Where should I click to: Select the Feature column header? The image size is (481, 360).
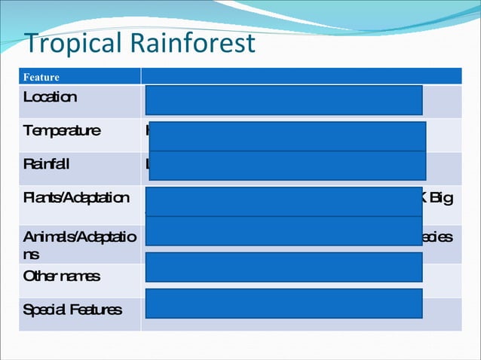click(41, 77)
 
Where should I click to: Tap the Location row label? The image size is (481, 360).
click(50, 97)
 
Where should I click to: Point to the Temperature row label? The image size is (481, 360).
click(61, 130)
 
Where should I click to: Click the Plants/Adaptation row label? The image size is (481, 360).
click(76, 198)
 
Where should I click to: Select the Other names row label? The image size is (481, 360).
click(61, 276)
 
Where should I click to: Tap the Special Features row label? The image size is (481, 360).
click(72, 310)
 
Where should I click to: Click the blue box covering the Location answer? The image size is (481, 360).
click(283, 100)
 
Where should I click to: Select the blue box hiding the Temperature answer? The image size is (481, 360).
click(287, 136)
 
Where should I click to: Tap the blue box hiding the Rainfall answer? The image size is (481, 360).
click(287, 166)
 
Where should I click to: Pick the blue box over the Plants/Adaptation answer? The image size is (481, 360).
click(283, 201)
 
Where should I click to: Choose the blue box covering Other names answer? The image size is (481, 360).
click(283, 267)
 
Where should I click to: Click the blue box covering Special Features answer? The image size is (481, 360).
click(283, 303)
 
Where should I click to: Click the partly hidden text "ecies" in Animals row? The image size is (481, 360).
click(437, 236)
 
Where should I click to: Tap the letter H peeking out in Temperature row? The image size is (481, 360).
click(147, 130)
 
